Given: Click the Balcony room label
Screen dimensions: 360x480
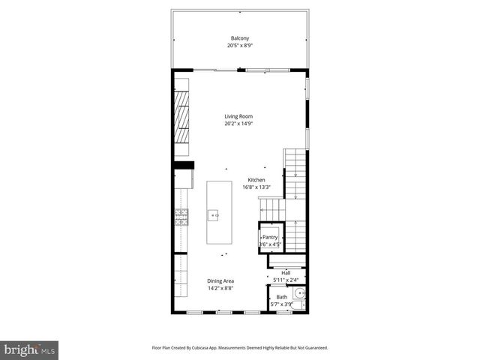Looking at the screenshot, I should pos(239,38).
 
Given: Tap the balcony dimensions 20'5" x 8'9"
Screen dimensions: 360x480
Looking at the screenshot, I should pos(239,46).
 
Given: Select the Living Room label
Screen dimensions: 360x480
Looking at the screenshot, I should pos(238,116).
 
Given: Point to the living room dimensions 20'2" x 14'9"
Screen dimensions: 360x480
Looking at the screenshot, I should pos(238,124).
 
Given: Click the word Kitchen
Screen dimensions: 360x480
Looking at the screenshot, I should pos(256,180).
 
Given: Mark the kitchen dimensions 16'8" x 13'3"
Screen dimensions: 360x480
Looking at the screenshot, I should pos(256,187).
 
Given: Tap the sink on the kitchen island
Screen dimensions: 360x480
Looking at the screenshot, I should pos(215,215).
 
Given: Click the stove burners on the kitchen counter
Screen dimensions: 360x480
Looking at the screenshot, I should pos(181,217).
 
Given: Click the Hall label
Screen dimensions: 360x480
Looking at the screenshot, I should pos(286,273).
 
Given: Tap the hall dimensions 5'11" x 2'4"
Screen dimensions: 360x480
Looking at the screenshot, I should pos(286,280).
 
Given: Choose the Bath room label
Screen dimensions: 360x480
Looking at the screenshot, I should pos(281,297).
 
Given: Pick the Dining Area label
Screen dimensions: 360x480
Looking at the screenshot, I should pos(220,280).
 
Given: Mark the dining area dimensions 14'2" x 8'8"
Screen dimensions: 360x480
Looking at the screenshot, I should pos(220,288).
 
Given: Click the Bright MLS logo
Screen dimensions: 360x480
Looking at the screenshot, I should pos(30,349).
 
